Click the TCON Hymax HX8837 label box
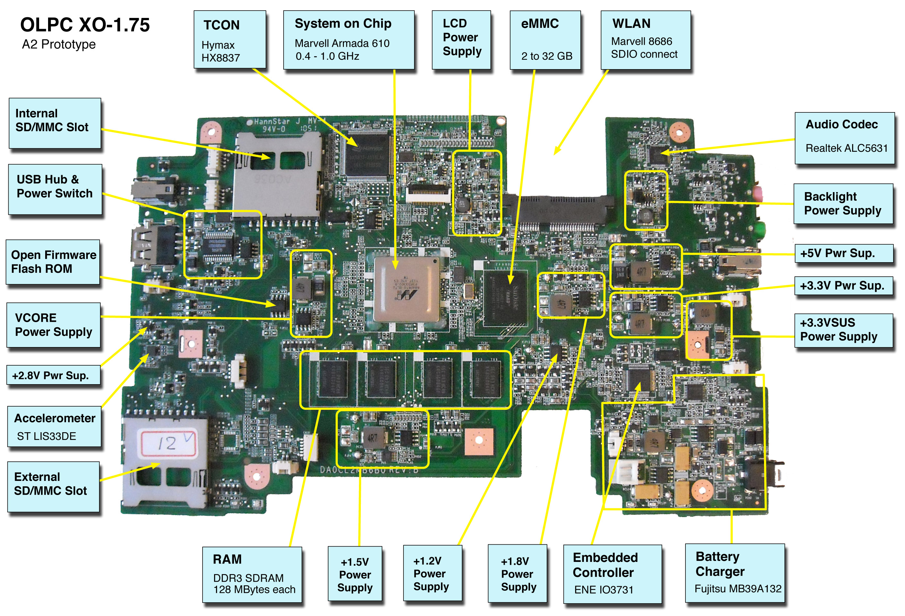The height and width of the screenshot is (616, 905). (230, 40)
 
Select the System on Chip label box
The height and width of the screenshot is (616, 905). (349, 40)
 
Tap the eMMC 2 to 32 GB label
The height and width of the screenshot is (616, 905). (545, 40)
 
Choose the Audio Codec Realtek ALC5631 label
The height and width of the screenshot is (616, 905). (844, 138)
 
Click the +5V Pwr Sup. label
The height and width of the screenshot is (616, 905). (843, 253)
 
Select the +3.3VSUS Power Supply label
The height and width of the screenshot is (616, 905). (843, 330)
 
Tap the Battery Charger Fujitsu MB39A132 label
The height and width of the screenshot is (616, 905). (735, 572)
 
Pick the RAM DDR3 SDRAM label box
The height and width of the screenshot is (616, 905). (252, 574)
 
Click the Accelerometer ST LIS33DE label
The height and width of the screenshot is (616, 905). (54, 426)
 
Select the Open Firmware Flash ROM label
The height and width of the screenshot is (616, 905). (53, 262)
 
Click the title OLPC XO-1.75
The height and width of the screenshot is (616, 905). (85, 25)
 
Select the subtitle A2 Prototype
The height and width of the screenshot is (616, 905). (59, 45)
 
